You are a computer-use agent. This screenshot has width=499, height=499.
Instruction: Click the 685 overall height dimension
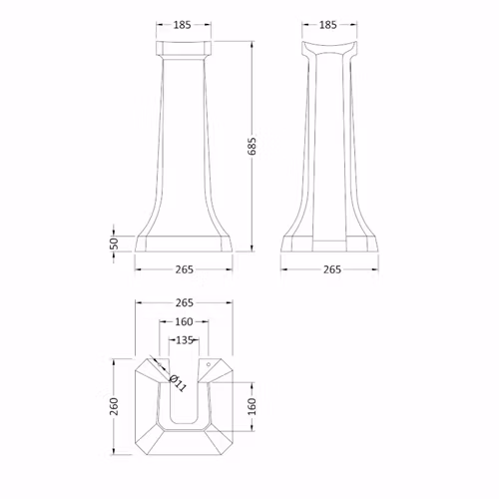click(x=252, y=146)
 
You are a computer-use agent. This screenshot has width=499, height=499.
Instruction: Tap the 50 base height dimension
click(x=114, y=244)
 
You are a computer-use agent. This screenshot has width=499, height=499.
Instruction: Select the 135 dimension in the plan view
click(x=184, y=340)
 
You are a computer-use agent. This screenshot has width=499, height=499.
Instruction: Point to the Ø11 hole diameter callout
click(x=178, y=383)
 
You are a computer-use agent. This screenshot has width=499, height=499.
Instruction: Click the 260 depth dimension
click(x=114, y=406)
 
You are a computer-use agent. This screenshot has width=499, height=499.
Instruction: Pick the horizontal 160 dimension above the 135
click(x=184, y=321)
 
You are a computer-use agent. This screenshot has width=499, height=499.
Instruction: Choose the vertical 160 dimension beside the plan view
click(x=252, y=406)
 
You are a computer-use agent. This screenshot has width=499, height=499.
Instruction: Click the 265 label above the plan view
click(x=184, y=302)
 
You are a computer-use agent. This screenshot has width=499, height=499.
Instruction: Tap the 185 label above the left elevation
click(x=183, y=25)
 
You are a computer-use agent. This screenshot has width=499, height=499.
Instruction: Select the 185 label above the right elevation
click(x=328, y=25)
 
